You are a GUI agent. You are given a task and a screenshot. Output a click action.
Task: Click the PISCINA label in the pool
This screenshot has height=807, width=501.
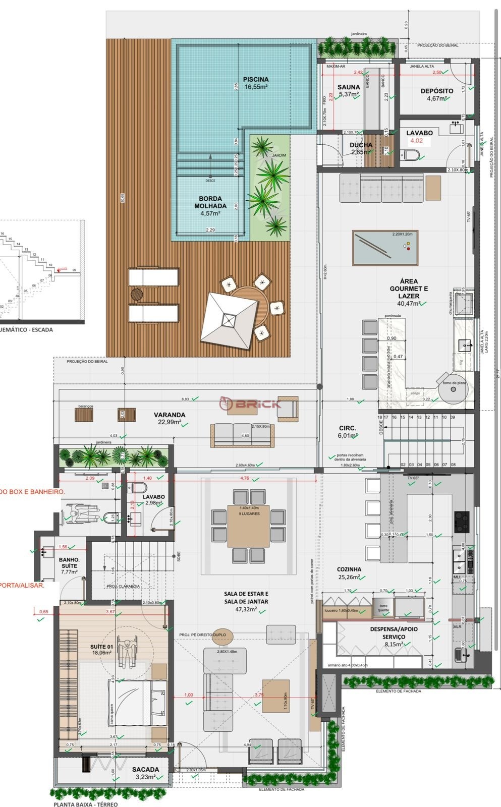tap(256, 80)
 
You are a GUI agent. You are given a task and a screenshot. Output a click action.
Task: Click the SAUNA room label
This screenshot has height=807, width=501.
tap(349, 88)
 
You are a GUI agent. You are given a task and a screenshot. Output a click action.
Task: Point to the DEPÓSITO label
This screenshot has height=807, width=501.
tap(436, 91)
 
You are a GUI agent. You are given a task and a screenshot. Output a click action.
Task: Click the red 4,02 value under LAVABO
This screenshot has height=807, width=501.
tap(416, 141)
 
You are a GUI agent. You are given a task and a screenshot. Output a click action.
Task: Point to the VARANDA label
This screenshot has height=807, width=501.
tap(170, 415)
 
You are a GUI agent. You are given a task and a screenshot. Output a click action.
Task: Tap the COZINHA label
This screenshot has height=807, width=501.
tap(349, 569)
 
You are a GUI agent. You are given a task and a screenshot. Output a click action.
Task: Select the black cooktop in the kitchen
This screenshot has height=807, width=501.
tap(462, 522)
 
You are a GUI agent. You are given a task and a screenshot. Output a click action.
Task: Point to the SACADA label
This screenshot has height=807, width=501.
tap(145, 770)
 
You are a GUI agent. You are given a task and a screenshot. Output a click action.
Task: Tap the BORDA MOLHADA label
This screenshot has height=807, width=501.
tap(210, 202)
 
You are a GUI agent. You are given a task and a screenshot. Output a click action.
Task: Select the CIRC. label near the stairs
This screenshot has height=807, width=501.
tap(348, 428)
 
